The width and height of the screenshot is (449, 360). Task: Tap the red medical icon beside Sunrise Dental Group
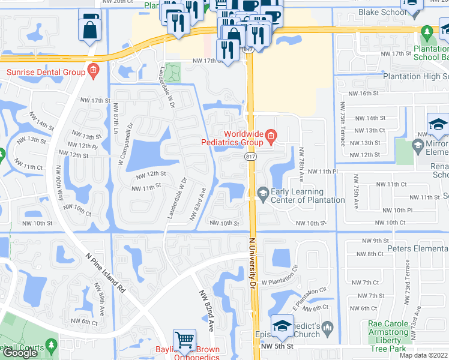92,73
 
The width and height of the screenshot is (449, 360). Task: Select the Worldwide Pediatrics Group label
243,138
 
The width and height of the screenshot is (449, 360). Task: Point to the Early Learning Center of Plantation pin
262,193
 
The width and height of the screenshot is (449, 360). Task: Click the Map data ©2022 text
424,355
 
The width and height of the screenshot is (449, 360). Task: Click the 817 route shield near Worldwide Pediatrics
250,157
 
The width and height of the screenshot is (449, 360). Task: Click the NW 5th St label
277,346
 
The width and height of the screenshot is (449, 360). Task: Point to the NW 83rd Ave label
199,205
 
